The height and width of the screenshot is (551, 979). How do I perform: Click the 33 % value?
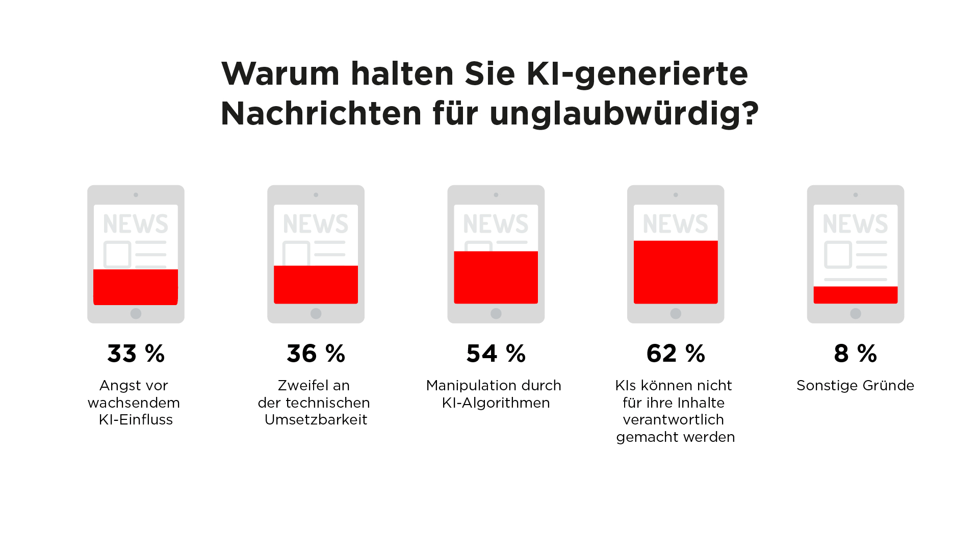tap(136, 354)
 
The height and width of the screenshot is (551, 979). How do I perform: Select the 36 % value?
tap(316, 354)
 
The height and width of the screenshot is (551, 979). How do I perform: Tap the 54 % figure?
tap(496, 354)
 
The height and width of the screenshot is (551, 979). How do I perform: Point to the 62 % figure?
tap(676, 354)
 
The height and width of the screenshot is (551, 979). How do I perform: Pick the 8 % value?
tap(855, 354)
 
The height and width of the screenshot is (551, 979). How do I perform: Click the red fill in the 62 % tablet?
tap(676, 272)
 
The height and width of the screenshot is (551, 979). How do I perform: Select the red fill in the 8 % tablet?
tap(855, 295)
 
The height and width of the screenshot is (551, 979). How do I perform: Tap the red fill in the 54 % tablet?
tap(496, 277)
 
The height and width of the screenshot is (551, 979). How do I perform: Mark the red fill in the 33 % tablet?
tap(136, 287)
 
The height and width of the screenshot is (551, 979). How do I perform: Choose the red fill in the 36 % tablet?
tap(316, 285)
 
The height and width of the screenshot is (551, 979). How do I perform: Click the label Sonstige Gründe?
tap(855, 386)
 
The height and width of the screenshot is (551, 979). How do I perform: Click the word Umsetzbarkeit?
tap(316, 420)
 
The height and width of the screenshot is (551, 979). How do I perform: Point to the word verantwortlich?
tap(673, 420)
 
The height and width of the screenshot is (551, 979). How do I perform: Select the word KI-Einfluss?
tap(136, 420)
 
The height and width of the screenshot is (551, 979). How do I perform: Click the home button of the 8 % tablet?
tap(856, 313)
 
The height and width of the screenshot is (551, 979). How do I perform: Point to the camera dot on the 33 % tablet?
tap(136, 195)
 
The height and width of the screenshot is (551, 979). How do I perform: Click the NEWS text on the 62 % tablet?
tap(676, 224)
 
